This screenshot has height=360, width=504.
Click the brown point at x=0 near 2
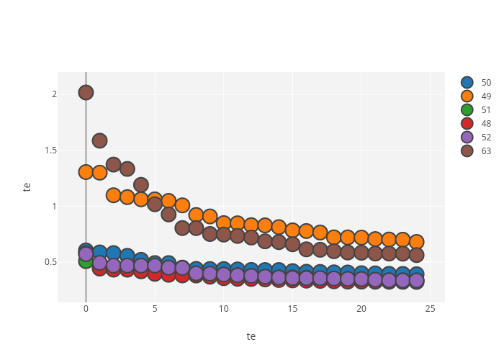pos(86,92)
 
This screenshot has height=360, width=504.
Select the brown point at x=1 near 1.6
pos(99,140)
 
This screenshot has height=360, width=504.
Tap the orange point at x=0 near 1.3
pos(86,172)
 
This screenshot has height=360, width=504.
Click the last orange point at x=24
pos(416,242)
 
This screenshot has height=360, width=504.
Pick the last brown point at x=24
pos(416,255)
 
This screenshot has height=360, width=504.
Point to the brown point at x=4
pos(141,185)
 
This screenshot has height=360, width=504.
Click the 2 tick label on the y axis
pos(53,94)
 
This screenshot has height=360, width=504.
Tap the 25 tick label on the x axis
pos(431,310)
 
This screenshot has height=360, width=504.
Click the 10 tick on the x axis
pos(223,310)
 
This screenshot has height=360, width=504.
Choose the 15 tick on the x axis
pos(292,310)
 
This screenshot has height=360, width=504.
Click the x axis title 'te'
pos(251,336)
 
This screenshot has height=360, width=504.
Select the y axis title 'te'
pos(27,186)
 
